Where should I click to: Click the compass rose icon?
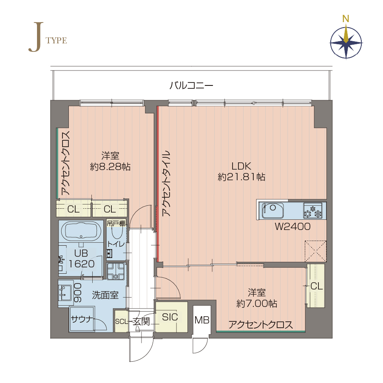(x=346, y=43)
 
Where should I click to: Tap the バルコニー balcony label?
(x=191, y=85)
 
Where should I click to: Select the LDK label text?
(x=241, y=166)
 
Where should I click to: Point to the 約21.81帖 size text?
(x=241, y=176)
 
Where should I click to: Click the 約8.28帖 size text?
(x=111, y=167)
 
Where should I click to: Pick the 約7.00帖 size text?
(x=257, y=304)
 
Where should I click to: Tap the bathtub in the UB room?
(x=81, y=231)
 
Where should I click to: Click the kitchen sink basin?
(x=272, y=210)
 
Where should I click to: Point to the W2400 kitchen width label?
(x=292, y=227)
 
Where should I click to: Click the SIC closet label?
(x=170, y=317)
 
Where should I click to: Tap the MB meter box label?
(x=202, y=320)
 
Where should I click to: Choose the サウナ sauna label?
(x=82, y=319)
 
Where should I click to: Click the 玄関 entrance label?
(x=141, y=321)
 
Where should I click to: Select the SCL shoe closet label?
(x=122, y=321)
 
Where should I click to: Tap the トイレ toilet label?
(x=116, y=244)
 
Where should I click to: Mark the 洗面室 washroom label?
(x=105, y=295)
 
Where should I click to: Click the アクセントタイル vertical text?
(x=166, y=183)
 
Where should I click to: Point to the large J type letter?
(x=36, y=37)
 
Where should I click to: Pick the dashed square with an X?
(x=315, y=251)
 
